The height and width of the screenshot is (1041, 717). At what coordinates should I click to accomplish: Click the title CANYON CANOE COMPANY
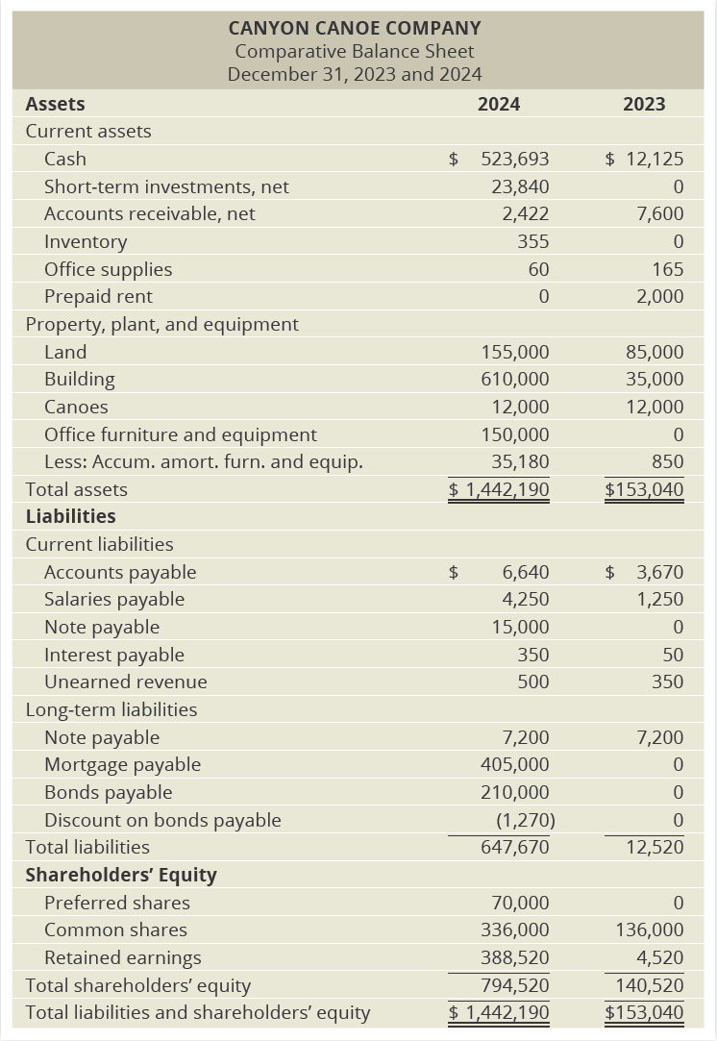(x=355, y=29)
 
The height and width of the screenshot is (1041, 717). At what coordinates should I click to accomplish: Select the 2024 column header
(x=499, y=104)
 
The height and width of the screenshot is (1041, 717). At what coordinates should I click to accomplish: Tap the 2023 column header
(x=644, y=104)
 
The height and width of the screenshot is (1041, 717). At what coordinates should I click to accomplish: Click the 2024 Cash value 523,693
(x=514, y=159)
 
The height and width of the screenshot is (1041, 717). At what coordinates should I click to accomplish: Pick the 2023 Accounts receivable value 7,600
(x=660, y=213)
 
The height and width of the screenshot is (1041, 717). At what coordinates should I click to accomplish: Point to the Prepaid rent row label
(x=98, y=296)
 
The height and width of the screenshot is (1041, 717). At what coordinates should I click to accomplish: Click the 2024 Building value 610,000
(x=514, y=379)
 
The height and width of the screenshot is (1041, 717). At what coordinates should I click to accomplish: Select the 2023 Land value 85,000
(x=655, y=352)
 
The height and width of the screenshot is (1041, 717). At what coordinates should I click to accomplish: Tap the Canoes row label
(x=76, y=407)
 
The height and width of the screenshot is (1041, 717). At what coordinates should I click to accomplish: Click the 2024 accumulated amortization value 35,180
(x=520, y=461)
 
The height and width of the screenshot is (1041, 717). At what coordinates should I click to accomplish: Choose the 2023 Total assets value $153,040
(x=644, y=489)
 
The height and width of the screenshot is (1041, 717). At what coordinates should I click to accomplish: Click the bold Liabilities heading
(x=70, y=516)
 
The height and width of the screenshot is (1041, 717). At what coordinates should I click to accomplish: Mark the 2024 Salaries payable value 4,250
(x=526, y=599)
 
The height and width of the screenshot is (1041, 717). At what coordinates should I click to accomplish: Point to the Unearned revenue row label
(x=125, y=682)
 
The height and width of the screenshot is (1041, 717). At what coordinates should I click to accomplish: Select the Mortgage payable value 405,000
(x=514, y=764)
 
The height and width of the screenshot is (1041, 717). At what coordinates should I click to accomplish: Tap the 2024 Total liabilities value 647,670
(x=514, y=847)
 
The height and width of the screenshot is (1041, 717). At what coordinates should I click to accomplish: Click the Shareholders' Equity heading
(x=121, y=875)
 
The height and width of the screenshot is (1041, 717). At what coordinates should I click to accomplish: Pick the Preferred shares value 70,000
(x=520, y=903)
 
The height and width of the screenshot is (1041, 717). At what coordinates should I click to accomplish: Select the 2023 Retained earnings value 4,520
(x=660, y=957)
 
